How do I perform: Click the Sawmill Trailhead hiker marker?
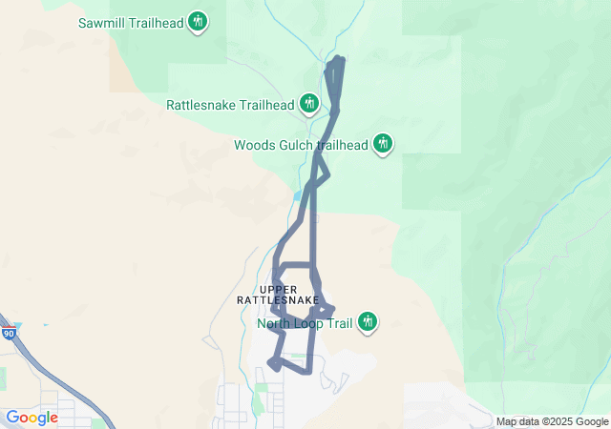coord(198,20)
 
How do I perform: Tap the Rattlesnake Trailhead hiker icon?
coord(308,102)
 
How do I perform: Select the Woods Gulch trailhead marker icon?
coord(383,143)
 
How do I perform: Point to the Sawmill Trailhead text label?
coord(131,21)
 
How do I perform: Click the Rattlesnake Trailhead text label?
coord(229,105)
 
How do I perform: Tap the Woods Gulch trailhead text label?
coord(301,146)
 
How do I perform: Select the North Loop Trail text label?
coord(305,324)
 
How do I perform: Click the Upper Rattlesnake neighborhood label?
coord(278,295)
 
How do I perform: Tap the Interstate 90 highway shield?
coord(9,334)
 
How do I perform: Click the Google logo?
coord(32,418)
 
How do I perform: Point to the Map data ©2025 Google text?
coord(552,421)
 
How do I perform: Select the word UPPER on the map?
coord(278,289)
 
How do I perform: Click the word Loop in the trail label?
coord(310,324)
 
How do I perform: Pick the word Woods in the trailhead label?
coord(255,146)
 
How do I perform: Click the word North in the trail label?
coord(275,324)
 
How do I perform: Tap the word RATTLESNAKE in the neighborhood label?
coord(278,300)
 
